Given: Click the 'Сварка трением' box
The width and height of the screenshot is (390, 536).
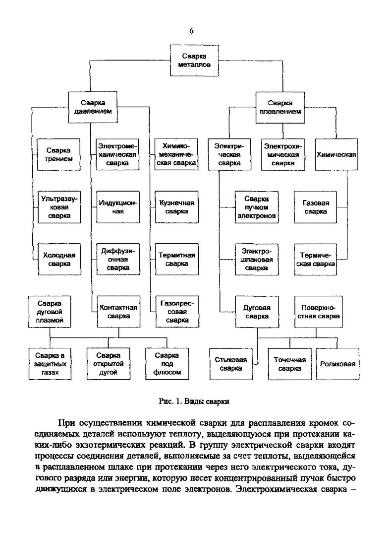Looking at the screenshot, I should [x=58, y=155].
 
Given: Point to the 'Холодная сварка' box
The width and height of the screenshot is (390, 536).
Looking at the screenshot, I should [x=58, y=260].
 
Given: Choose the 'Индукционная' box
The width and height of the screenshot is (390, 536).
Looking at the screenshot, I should [x=117, y=207].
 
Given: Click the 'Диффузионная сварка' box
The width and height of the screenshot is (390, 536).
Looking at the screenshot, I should [x=117, y=260].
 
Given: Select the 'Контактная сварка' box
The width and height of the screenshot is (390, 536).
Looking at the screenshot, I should [x=117, y=311].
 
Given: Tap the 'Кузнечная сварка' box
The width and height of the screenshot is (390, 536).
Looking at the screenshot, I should [x=176, y=207].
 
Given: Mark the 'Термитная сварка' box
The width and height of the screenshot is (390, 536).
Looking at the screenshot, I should [x=176, y=260].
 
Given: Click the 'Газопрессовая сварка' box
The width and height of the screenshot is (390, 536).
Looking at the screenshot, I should [x=176, y=311].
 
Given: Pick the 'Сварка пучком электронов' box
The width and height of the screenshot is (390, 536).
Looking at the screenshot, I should [x=256, y=207].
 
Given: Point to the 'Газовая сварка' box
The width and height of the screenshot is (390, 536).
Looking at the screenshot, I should [x=316, y=207].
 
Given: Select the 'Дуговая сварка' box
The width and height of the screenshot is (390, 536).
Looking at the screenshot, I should [x=256, y=311].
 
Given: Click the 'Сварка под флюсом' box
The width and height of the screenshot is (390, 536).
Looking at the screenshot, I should [x=167, y=363].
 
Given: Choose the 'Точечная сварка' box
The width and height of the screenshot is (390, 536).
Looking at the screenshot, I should [x=289, y=364].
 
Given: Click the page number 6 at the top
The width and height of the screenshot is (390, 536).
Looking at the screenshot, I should [x=191, y=31].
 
